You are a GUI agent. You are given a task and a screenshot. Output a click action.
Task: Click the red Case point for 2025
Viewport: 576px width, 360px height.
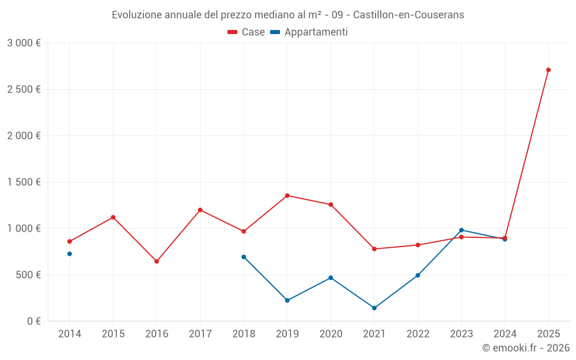pyautogui.click(x=548, y=70)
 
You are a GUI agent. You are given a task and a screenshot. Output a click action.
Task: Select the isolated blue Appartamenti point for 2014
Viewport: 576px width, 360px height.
pyautogui.click(x=70, y=254)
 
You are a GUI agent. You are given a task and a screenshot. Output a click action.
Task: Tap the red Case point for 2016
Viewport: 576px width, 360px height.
pyautogui.click(x=157, y=262)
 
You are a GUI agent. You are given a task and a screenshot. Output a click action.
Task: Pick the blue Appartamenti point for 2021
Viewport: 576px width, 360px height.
pyautogui.click(x=374, y=308)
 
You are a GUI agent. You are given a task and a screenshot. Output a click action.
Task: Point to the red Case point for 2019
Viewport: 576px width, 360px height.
pyautogui.click(x=287, y=196)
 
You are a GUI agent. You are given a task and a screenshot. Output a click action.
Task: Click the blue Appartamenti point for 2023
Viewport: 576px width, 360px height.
pyautogui.click(x=461, y=230)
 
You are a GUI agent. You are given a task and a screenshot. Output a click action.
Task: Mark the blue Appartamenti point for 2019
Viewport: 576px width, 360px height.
pyautogui.click(x=287, y=301)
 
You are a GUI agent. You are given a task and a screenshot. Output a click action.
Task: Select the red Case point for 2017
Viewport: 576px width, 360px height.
pyautogui.click(x=200, y=210)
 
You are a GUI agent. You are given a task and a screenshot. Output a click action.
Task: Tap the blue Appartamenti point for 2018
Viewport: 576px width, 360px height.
pyautogui.click(x=244, y=257)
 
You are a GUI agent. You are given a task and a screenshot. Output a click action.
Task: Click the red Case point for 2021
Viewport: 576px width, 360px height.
pyautogui.click(x=374, y=249)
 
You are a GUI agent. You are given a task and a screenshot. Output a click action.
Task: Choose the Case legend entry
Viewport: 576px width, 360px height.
pyautogui.click(x=247, y=32)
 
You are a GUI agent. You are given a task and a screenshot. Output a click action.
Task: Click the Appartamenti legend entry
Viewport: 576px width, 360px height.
pyautogui.click(x=309, y=32)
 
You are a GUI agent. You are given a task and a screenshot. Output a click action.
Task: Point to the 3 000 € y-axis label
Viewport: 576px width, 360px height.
pyautogui.click(x=24, y=43)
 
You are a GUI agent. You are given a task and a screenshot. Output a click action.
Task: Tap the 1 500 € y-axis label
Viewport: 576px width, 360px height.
pyautogui.click(x=24, y=182)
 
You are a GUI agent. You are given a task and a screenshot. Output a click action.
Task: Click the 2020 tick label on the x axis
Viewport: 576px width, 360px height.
pyautogui.click(x=331, y=334)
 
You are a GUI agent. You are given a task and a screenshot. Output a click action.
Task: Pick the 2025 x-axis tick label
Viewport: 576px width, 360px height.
pyautogui.click(x=548, y=334)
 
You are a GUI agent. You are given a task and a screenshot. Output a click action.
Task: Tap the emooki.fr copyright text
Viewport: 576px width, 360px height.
pyautogui.click(x=526, y=348)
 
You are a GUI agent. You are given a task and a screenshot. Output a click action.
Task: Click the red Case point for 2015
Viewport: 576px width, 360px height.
pyautogui.click(x=113, y=217)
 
